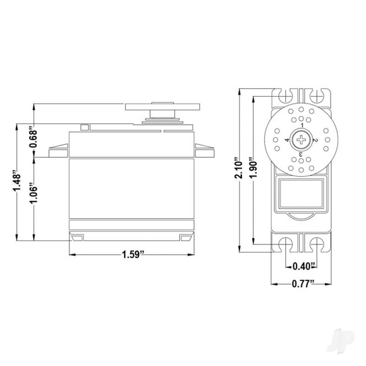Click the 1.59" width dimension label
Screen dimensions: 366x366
pos(131,255)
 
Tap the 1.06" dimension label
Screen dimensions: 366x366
pos(34,193)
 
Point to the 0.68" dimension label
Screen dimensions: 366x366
pos(34,138)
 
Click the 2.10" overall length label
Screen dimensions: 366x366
pos(239,168)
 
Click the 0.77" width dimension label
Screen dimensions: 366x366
pos(301,283)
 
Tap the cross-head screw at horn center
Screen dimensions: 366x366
pos(301,139)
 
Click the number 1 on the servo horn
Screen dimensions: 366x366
pos(302,125)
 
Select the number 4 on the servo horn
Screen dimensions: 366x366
pos(287,140)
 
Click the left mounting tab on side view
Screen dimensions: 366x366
pos(59,151)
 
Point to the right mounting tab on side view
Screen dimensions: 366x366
pos(203,151)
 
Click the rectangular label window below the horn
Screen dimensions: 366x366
pos(301,193)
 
